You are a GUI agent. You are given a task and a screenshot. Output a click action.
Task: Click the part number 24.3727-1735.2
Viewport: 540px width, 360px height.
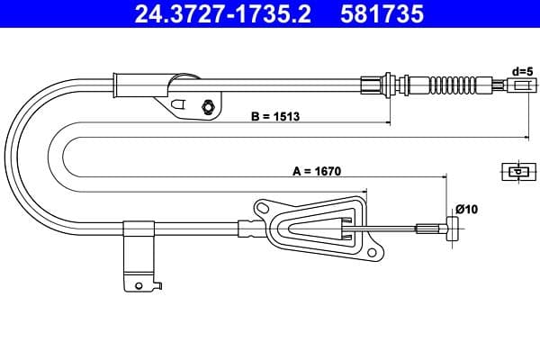222,13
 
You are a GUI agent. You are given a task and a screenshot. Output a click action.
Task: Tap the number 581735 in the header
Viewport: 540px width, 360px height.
382,13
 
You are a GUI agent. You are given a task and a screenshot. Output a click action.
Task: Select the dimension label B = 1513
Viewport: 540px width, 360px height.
275,116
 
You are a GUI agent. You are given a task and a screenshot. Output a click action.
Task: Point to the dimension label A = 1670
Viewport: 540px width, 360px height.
317,171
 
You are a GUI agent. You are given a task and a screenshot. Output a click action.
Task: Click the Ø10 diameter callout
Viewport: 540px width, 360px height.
466,209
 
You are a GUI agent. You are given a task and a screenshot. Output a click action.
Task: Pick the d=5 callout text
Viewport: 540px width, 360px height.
522,72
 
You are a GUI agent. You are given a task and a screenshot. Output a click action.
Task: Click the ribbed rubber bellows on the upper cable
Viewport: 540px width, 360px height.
453,85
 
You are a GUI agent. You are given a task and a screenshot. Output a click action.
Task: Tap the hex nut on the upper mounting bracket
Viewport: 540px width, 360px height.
208,106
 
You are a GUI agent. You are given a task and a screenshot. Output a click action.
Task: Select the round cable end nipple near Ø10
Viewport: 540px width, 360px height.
452,229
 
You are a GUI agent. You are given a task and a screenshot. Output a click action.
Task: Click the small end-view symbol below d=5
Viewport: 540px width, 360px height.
518,171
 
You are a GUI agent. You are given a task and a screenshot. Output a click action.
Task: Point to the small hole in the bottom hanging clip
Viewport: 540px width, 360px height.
139,285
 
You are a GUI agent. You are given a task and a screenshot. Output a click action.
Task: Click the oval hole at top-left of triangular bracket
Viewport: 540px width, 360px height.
263,208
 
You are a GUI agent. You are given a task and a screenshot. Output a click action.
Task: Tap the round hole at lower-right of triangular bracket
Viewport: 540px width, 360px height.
372,253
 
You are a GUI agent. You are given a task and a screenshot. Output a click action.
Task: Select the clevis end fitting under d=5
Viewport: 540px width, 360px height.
522,85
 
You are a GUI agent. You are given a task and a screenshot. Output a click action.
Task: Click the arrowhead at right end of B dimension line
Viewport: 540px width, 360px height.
388,122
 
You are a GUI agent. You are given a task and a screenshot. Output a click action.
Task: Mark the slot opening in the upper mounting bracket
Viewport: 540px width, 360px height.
178,103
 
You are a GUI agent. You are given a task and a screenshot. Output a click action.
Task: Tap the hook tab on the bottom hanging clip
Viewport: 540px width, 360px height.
158,285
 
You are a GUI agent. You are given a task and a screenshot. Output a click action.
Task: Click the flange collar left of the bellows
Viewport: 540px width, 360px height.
388,84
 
